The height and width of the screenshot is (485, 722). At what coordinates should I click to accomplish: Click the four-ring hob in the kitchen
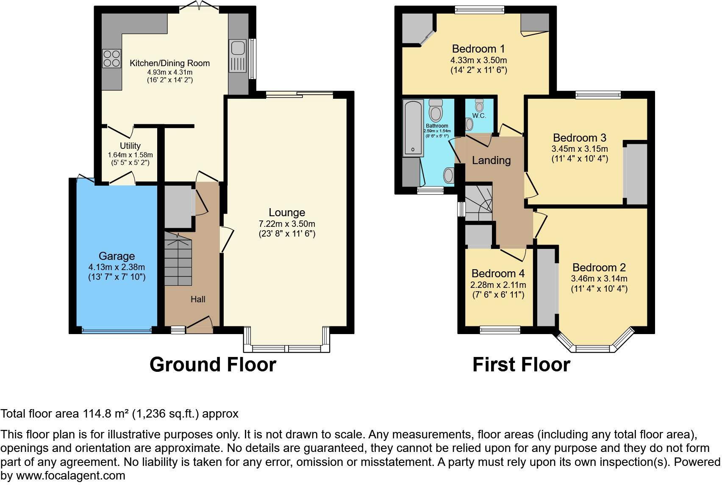112,59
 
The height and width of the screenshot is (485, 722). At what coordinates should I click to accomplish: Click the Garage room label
117,256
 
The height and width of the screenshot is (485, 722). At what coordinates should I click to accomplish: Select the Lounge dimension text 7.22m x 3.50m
287,224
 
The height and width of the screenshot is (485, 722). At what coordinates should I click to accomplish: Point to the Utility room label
130,146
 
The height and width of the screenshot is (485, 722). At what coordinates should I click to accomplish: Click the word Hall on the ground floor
198,299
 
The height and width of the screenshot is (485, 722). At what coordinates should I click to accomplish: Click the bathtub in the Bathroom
412,127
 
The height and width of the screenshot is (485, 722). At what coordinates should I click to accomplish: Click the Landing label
491,160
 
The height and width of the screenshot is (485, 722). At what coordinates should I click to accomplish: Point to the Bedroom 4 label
498,273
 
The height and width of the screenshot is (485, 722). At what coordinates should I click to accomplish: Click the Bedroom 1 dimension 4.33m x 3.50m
478,60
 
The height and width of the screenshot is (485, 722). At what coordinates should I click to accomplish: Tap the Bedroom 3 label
579,138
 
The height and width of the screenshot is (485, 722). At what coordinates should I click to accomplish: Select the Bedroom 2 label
599,268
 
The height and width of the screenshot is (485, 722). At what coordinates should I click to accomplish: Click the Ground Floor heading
213,365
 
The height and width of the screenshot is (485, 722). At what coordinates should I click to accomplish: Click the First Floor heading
521,365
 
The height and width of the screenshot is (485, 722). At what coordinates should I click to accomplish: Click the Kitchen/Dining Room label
169,63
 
